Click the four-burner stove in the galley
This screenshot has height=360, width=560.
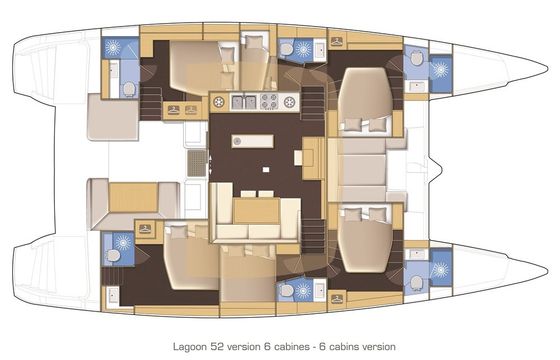tap(269, 101)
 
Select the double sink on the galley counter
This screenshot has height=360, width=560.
tap(245, 102)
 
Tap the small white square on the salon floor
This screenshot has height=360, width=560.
tap(266, 170)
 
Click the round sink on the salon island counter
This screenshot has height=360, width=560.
tap(237, 142)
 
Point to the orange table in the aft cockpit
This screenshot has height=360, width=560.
tap(133, 197)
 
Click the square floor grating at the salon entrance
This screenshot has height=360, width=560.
tap(197, 163)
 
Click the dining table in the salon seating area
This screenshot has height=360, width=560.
tap(256, 211)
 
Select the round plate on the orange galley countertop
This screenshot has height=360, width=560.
tap(219, 102)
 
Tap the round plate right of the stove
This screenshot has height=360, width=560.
tap(289, 102)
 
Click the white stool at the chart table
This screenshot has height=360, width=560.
tap(298, 158)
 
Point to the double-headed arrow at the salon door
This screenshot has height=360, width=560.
tap(210, 165)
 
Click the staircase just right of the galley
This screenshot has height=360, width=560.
tap(313, 103)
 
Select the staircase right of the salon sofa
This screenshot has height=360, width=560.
tap(313, 236)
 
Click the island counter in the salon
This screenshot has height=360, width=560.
tap(252, 141)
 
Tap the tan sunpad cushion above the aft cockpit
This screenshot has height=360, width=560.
tap(113, 116)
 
